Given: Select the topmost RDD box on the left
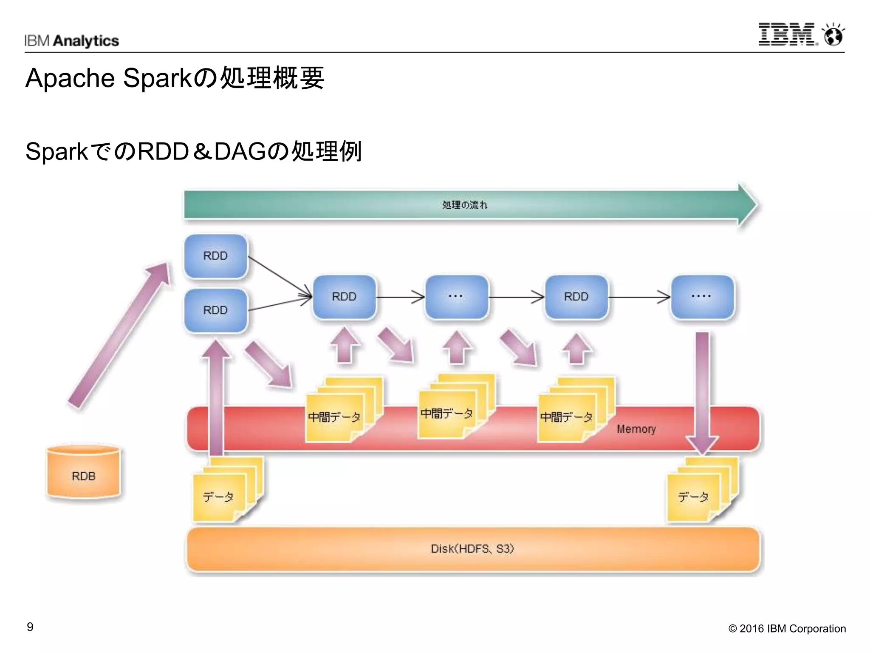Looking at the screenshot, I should [216, 256].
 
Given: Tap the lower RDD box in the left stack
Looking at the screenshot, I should [216, 310].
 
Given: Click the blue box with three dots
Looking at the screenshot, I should [457, 297].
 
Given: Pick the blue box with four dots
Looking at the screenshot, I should [702, 297].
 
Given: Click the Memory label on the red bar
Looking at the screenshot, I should [636, 429].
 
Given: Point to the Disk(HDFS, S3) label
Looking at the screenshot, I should [472, 549].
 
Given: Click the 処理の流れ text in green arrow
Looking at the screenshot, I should [465, 205].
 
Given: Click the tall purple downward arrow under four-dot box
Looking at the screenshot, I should [702, 391].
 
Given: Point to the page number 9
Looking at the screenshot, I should [30, 627].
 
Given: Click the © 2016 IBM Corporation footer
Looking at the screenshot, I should [787, 629].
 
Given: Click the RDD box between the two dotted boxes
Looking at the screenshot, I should [576, 297].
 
